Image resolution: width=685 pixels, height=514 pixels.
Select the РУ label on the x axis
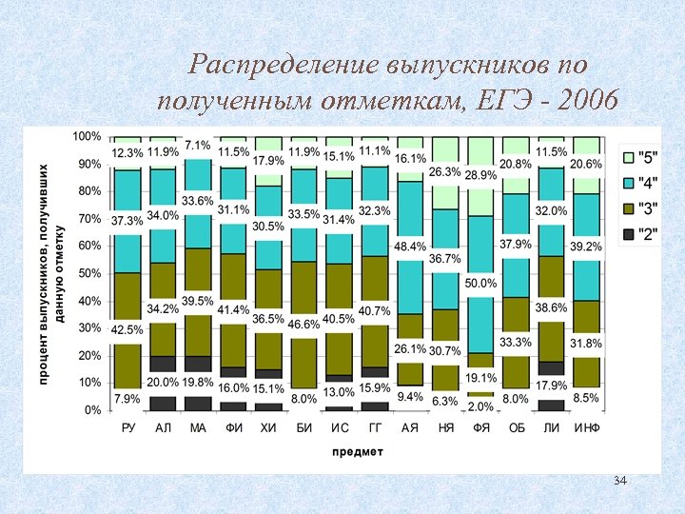128,428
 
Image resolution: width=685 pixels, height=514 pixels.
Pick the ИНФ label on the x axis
587,428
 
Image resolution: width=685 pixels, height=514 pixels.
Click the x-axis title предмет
357,451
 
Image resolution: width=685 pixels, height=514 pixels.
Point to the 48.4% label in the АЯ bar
411,247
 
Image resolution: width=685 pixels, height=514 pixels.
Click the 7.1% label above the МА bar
197,146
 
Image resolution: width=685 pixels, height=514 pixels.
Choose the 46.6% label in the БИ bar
303,325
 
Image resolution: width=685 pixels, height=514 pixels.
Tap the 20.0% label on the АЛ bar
163,382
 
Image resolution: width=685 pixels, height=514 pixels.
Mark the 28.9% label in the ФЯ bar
481,175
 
